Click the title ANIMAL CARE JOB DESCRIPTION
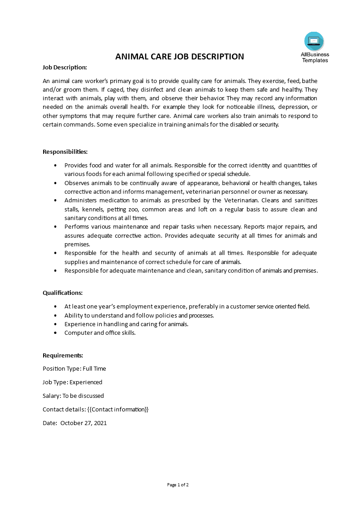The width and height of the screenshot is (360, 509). [180, 56]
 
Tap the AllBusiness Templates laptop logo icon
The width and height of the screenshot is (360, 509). [314, 41]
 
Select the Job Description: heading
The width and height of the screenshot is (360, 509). [64, 67]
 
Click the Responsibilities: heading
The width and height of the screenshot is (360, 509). [65, 152]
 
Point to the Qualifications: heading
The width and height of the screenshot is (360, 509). [63, 293]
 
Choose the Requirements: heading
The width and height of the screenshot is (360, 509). [63, 355]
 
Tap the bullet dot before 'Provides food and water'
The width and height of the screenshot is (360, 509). [55, 165]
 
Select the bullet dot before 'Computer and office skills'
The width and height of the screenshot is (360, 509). [55, 333]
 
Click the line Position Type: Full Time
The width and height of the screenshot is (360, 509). [74, 368]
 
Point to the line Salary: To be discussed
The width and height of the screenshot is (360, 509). [73, 396]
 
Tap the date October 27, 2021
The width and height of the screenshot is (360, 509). [84, 423]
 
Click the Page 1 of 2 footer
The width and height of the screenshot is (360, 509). [178, 485]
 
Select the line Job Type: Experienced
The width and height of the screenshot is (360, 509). [72, 382]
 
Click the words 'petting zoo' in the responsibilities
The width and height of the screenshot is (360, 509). [138, 209]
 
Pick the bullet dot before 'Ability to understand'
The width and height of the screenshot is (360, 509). [55, 315]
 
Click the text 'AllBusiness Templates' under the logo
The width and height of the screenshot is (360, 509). [315, 57]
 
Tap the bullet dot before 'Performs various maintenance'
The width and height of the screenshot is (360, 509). [55, 226]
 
